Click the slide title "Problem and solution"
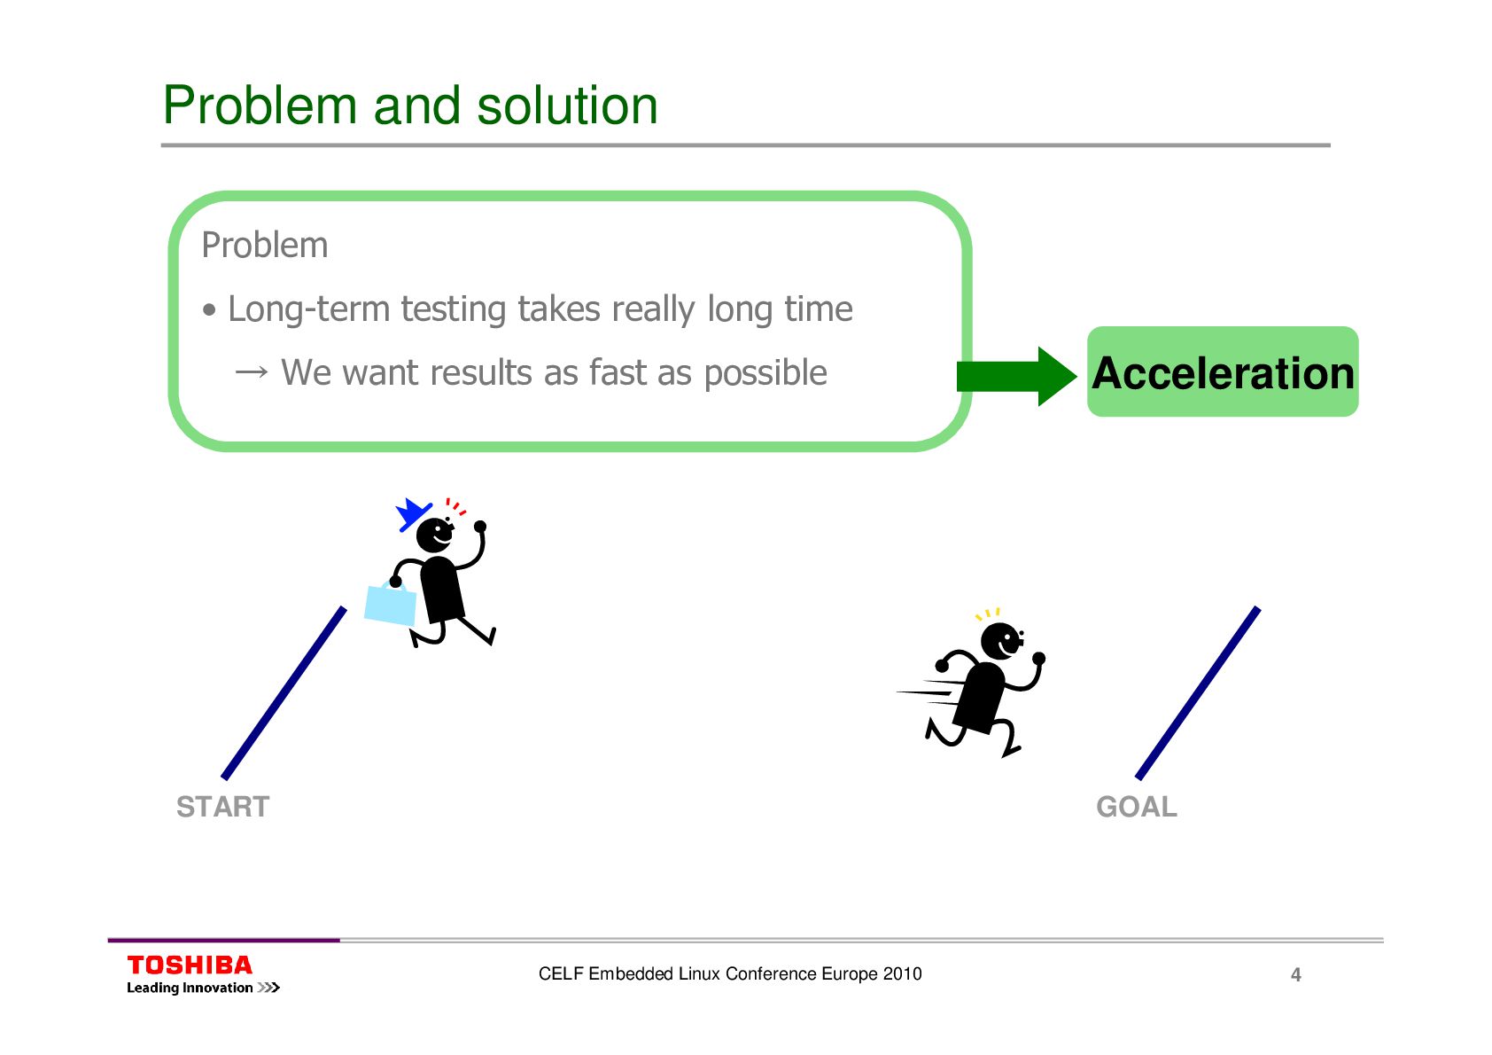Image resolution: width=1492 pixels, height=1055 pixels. [410, 105]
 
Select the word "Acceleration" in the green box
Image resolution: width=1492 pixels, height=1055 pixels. [1223, 373]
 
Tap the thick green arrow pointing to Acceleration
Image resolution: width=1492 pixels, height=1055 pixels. [1015, 376]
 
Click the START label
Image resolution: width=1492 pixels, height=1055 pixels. [222, 807]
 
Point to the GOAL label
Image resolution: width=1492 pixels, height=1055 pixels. [1137, 807]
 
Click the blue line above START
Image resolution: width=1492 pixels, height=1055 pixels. [284, 693]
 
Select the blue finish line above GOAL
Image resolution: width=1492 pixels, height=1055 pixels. [1198, 693]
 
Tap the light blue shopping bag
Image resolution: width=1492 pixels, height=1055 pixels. [391, 605]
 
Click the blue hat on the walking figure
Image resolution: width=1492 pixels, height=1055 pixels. [411, 513]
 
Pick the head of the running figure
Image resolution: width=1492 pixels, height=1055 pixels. [1001, 640]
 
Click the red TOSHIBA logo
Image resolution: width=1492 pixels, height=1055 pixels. [190, 965]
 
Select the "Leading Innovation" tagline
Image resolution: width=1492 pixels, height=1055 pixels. [190, 988]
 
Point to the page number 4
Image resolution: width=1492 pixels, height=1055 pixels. [1295, 975]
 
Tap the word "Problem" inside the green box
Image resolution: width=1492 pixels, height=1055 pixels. [265, 246]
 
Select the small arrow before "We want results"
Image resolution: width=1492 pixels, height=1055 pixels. [252, 372]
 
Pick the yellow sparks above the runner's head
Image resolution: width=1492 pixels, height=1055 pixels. [988, 613]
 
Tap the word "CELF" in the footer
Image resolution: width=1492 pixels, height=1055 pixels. [561, 973]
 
